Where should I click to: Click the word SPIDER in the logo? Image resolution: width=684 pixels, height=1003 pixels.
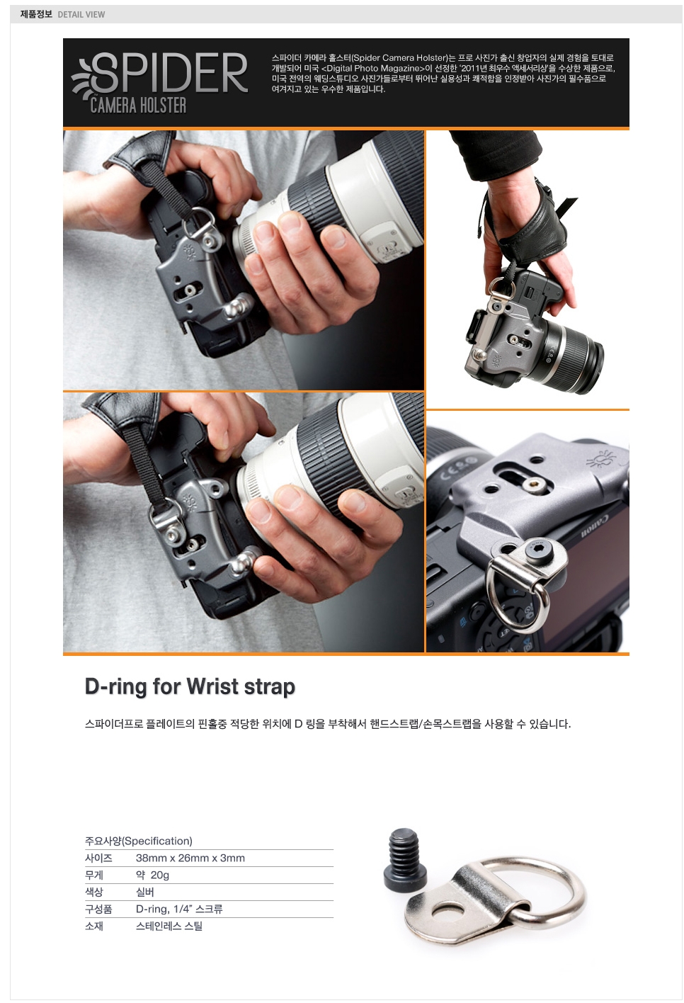click(170, 72)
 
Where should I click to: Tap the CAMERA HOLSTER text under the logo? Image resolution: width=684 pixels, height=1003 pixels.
click(138, 106)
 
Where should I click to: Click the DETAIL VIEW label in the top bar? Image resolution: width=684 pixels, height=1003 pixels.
click(81, 14)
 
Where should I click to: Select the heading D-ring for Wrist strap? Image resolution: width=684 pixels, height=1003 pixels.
click(190, 687)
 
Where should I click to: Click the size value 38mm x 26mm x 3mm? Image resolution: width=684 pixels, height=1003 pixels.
click(190, 858)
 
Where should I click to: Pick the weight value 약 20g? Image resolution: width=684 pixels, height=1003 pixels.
click(153, 875)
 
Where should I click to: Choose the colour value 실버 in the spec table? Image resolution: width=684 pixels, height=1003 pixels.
click(144, 892)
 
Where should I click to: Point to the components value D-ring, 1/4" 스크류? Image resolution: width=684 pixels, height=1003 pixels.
click(179, 909)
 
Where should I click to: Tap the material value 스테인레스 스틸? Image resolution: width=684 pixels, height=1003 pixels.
click(169, 926)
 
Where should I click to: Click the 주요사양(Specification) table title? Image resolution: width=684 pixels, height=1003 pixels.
click(139, 841)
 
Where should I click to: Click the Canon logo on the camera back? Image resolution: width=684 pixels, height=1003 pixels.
click(595, 528)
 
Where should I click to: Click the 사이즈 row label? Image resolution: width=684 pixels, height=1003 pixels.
click(98, 858)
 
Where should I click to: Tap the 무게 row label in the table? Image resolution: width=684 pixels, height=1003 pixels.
click(94, 875)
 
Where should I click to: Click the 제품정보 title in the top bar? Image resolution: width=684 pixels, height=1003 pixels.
click(36, 14)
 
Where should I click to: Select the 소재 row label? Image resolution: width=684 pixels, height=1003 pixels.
click(94, 926)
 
